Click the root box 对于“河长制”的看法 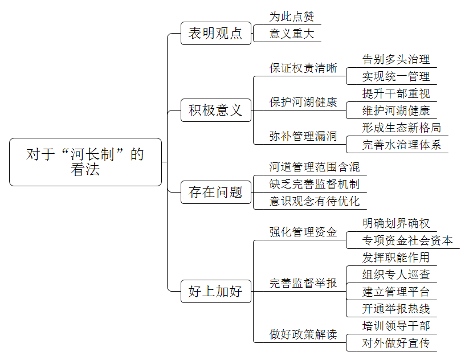point(85,162)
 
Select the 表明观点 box point(215,33)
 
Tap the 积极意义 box point(215,110)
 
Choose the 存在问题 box point(215,192)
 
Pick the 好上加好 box point(215,291)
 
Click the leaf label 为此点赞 point(292,17)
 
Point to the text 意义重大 point(292,34)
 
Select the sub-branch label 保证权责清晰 point(303,68)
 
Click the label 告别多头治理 point(396,59)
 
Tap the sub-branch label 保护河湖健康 point(303,102)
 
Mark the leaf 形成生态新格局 point(402,128)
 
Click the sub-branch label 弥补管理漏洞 point(303,136)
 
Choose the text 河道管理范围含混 point(315,167)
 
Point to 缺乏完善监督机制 point(315,184)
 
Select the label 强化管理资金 point(303,232)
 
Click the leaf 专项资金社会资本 point(407,240)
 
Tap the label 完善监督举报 point(303,283)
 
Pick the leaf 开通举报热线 point(396,309)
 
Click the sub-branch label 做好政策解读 point(303,334)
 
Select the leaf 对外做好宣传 point(396,343)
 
